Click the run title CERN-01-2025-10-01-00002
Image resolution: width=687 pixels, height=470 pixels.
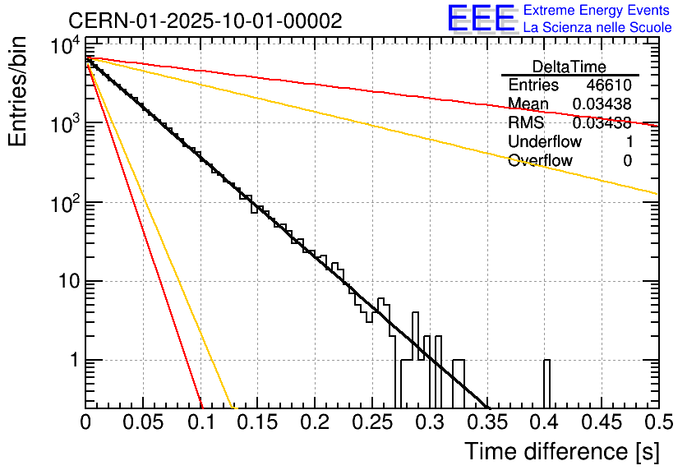205,21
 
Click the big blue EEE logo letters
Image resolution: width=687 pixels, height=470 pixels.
481,19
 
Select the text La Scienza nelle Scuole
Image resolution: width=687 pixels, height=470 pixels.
597,28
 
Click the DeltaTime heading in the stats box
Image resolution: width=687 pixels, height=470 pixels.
569,67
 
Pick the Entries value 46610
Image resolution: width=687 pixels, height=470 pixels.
609,85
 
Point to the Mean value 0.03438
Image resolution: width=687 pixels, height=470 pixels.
602,104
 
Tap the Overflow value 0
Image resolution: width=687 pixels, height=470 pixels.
627,161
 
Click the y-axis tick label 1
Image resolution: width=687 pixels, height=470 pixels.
71,361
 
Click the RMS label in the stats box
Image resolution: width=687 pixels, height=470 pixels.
526,123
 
